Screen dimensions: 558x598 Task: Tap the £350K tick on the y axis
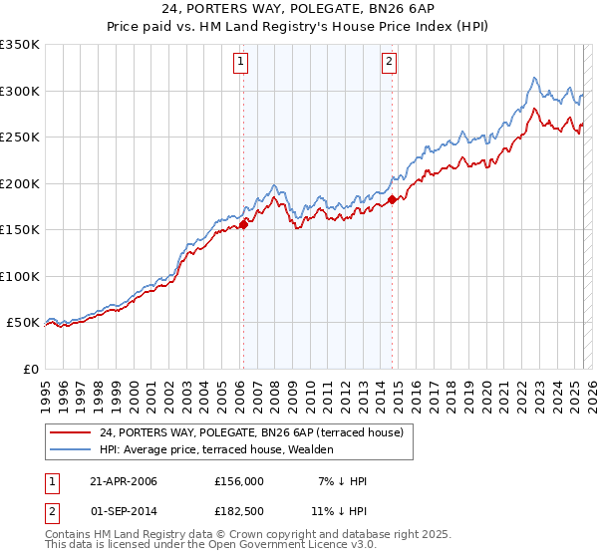tap(20, 45)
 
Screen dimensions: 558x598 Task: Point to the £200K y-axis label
tap(20, 183)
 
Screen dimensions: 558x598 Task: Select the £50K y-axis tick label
tap(23, 323)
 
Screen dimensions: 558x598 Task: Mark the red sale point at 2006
tap(244, 224)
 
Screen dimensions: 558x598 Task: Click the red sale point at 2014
tap(392, 199)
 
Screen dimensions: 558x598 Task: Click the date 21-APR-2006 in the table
tap(124, 481)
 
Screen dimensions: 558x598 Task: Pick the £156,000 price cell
tap(239, 481)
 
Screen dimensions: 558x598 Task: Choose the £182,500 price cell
tap(239, 511)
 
